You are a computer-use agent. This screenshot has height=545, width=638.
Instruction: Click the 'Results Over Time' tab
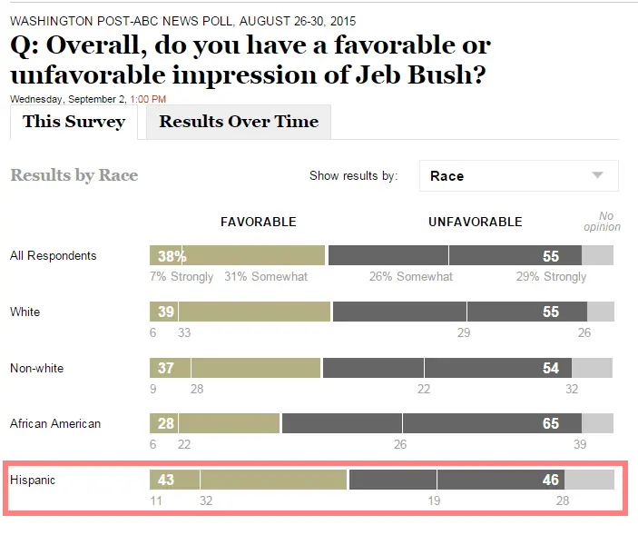point(239,122)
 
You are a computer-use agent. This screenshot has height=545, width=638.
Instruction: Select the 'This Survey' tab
point(74,122)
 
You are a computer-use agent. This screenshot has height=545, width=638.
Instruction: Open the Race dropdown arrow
point(597,175)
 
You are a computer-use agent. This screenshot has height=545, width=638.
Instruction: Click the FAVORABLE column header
point(259,222)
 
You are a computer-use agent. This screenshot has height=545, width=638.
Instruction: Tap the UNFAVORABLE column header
point(475,222)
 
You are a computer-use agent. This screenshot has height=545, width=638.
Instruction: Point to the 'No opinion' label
point(602,222)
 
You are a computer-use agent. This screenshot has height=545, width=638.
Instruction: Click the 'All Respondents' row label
point(53,256)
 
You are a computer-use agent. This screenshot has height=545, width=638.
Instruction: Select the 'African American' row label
point(55,424)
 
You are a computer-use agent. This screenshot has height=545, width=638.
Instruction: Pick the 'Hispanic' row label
point(32,480)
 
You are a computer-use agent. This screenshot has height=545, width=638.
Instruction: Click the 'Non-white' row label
point(36,369)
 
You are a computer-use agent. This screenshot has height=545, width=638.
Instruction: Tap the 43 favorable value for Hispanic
point(166,480)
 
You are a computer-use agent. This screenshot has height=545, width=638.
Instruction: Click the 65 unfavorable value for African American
point(551,424)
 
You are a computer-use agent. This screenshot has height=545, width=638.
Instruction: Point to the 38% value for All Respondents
point(171,256)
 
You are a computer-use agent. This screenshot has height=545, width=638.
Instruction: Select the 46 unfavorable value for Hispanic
point(551,480)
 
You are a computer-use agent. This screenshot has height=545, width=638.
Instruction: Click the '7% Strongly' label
point(182,277)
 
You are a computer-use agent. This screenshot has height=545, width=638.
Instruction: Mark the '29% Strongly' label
point(551,277)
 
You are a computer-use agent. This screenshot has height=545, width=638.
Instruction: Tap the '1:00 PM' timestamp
point(148,99)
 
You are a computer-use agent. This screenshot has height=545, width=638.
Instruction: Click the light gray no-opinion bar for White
point(601,312)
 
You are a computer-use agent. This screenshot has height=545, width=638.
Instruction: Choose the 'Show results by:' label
point(353,176)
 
